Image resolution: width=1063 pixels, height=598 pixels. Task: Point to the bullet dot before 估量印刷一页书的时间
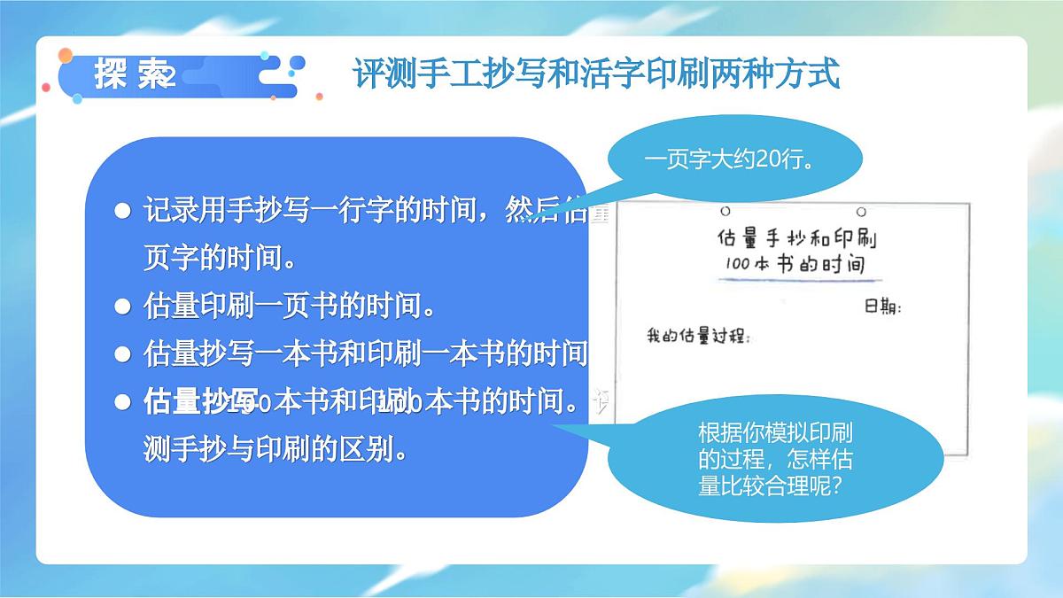(x=123, y=307)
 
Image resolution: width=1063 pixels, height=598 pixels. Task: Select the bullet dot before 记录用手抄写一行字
(x=123, y=212)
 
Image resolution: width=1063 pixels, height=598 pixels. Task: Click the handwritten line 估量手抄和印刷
(x=795, y=238)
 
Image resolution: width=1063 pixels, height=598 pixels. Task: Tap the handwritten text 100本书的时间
(x=794, y=264)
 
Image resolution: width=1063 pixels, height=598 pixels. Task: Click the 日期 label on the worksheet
(x=882, y=307)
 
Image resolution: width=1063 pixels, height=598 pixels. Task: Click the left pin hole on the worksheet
(x=725, y=212)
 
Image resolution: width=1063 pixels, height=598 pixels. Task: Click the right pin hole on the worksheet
(x=860, y=212)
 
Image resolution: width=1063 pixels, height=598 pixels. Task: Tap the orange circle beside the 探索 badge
(x=65, y=56)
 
